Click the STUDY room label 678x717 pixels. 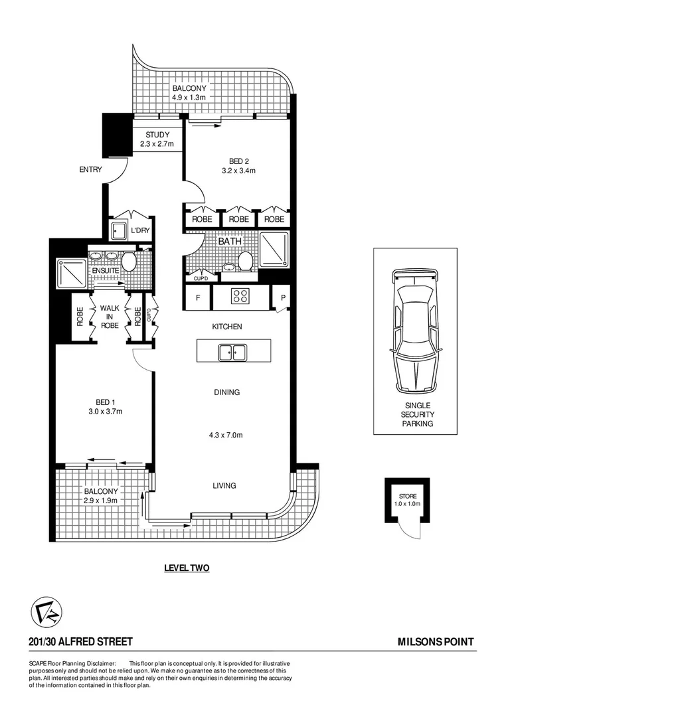[158, 135]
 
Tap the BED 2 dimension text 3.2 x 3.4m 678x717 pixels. [238, 171]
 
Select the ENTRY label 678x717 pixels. [91, 170]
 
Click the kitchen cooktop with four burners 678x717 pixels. [240, 296]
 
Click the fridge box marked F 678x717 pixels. [198, 298]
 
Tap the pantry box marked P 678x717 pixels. [282, 298]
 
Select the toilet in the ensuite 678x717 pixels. [129, 261]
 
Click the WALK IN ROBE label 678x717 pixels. [110, 317]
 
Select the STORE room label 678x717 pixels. [408, 497]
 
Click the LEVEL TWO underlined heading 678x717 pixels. [187, 568]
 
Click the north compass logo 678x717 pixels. [46, 611]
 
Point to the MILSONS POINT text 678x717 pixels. [435, 642]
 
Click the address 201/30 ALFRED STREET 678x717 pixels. [80, 642]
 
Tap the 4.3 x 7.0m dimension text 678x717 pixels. [226, 436]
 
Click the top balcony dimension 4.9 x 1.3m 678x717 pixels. [190, 98]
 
